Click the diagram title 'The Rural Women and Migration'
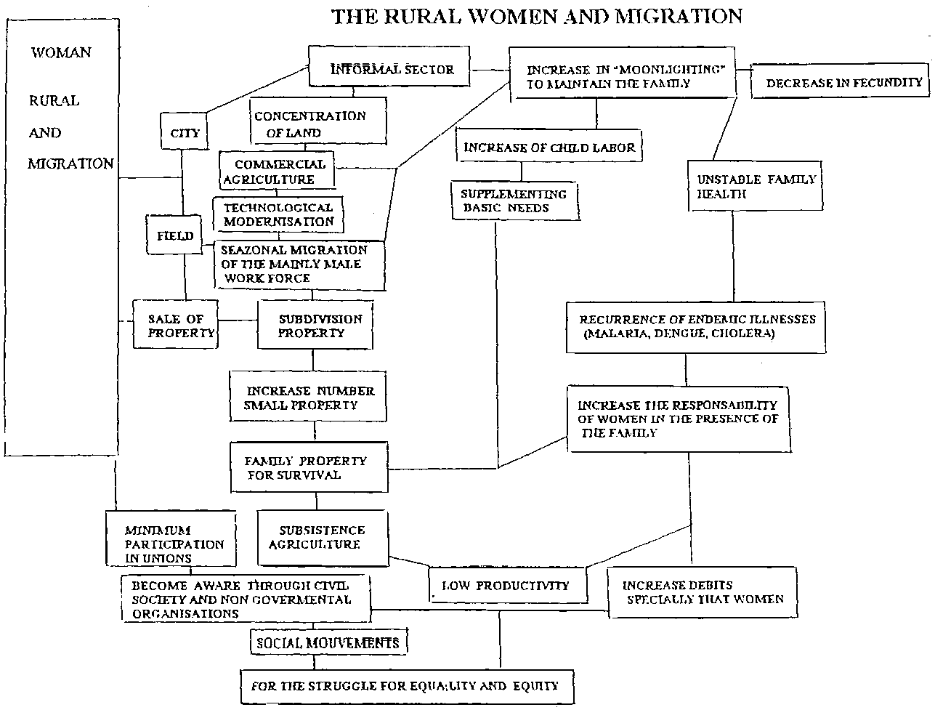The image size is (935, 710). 537,16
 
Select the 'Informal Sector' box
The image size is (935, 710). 392,69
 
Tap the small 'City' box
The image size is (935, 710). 184,134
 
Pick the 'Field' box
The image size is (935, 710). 175,235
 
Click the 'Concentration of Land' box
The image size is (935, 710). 318,123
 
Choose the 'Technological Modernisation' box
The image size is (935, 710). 278,214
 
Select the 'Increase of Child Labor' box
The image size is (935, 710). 550,148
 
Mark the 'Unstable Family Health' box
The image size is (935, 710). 756,186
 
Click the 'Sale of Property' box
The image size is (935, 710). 175,325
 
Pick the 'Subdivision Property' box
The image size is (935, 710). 315,326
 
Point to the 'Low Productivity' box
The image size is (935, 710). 508,585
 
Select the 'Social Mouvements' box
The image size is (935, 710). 328,642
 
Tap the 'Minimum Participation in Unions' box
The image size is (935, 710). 171,543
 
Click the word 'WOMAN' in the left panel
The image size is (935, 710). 60,52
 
